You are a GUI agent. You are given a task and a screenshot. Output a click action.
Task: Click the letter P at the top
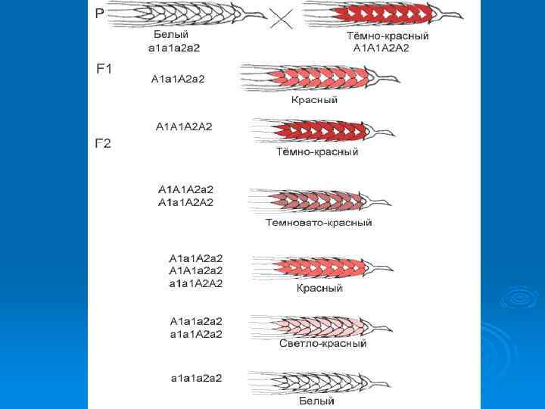(x=100, y=13)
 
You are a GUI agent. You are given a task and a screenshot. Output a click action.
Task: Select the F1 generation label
(x=104, y=69)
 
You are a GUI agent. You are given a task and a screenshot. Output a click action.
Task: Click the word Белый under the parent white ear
(x=171, y=35)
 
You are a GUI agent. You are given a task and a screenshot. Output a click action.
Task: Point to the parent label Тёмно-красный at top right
(x=388, y=36)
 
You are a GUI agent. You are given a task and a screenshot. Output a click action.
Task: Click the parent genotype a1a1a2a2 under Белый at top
(x=174, y=48)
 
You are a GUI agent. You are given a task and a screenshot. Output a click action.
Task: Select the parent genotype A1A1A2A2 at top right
(x=381, y=48)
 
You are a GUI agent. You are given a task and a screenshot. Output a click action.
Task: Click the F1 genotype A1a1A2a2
(x=178, y=78)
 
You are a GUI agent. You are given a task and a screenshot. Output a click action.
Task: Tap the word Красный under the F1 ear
(x=314, y=100)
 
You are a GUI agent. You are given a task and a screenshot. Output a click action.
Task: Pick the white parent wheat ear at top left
(x=185, y=15)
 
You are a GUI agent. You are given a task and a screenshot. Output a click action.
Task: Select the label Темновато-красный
(x=319, y=223)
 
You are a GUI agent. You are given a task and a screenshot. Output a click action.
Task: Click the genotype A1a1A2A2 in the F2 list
(x=186, y=202)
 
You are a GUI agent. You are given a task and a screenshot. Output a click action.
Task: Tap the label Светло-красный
(x=323, y=343)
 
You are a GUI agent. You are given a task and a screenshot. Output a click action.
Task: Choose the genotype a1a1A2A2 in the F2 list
(x=195, y=284)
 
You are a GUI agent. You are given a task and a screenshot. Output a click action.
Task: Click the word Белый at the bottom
(x=316, y=401)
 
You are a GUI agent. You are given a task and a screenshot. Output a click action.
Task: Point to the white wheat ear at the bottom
(x=318, y=382)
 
